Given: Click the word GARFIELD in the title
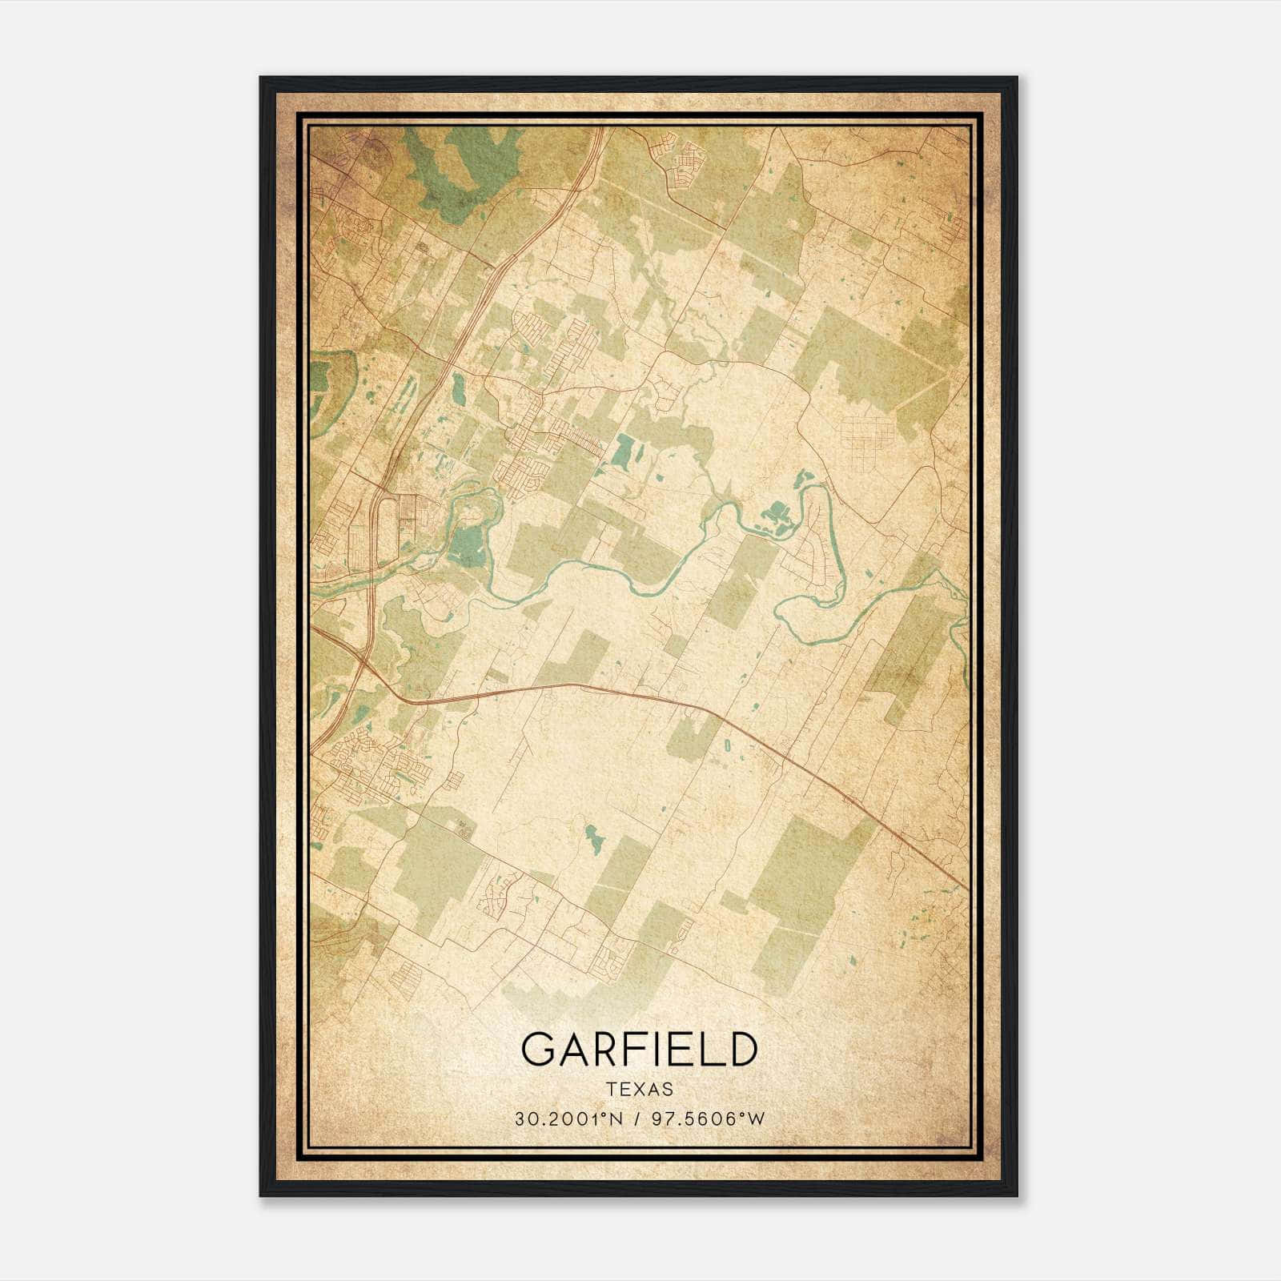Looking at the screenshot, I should [x=639, y=1050].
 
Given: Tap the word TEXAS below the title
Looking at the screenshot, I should [x=639, y=1090].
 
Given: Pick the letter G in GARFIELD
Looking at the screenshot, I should [x=537, y=1050].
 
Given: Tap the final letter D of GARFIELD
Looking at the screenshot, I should [x=741, y=1050].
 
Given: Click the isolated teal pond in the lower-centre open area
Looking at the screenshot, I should [x=592, y=838].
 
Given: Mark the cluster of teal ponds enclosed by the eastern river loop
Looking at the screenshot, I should [x=774, y=515].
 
